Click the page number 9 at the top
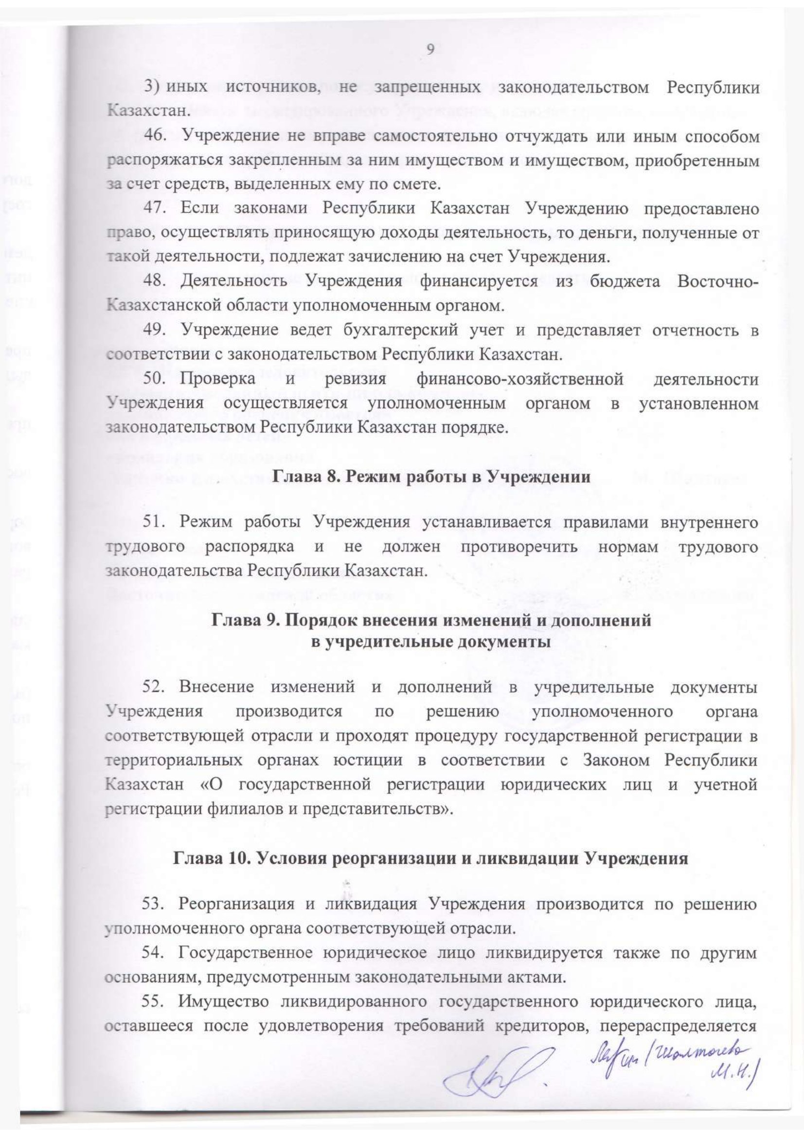pyautogui.click(x=430, y=49)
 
